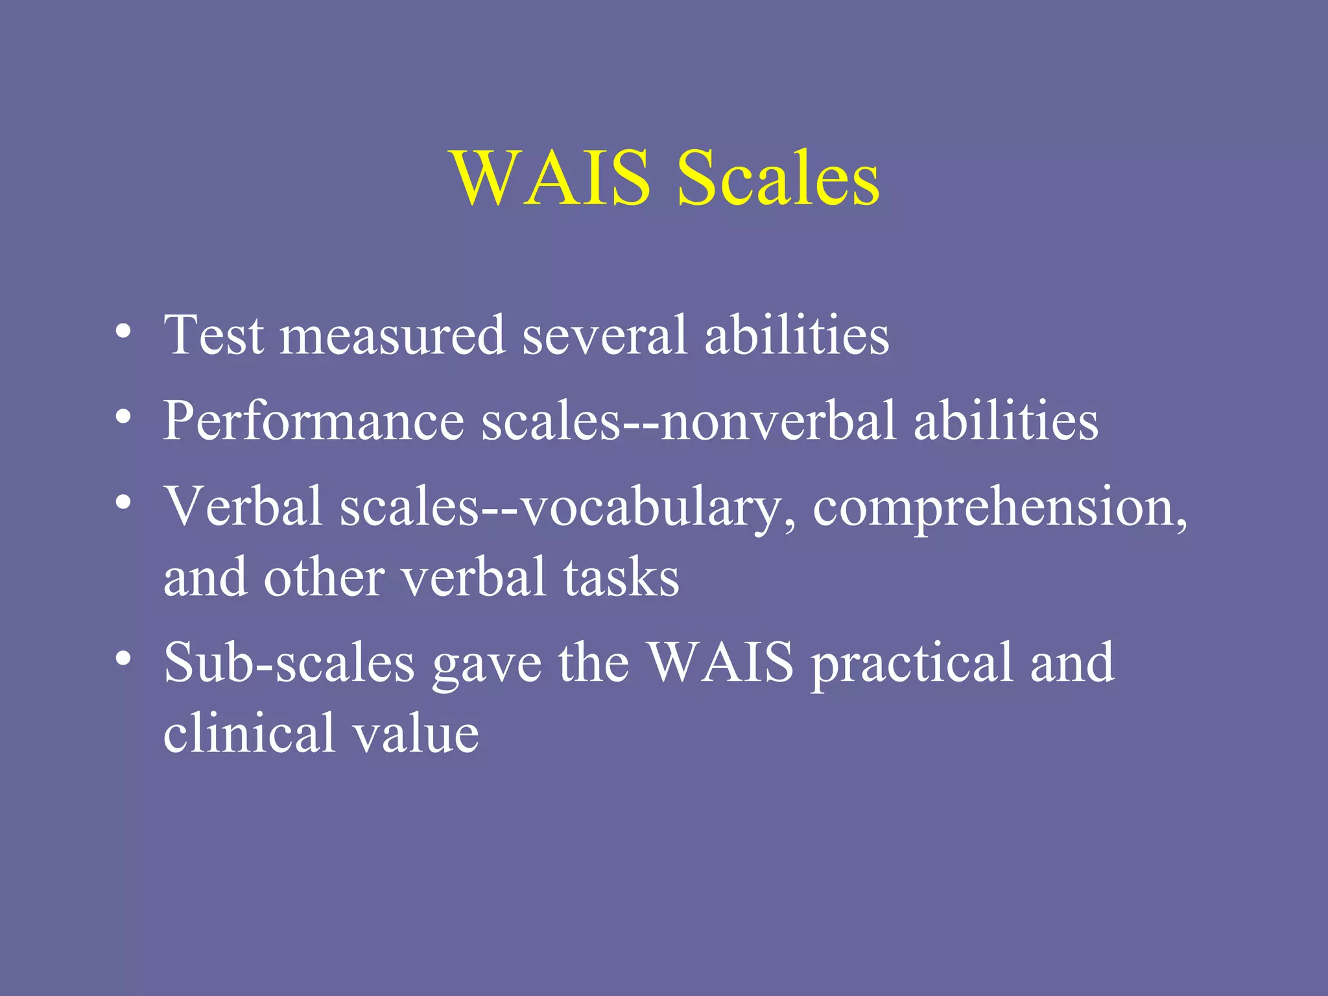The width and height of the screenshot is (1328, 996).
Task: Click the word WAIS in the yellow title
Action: pyautogui.click(x=552, y=178)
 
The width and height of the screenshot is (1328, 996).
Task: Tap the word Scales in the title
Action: pyautogui.click(x=778, y=178)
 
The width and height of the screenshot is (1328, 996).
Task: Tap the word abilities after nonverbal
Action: pyautogui.click(x=1006, y=421)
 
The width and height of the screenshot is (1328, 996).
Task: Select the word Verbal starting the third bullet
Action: pyautogui.click(x=243, y=506)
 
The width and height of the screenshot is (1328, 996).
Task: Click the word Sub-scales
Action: pyautogui.click(x=289, y=663)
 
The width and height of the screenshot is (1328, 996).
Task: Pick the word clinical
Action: pyautogui.click(x=249, y=733)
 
